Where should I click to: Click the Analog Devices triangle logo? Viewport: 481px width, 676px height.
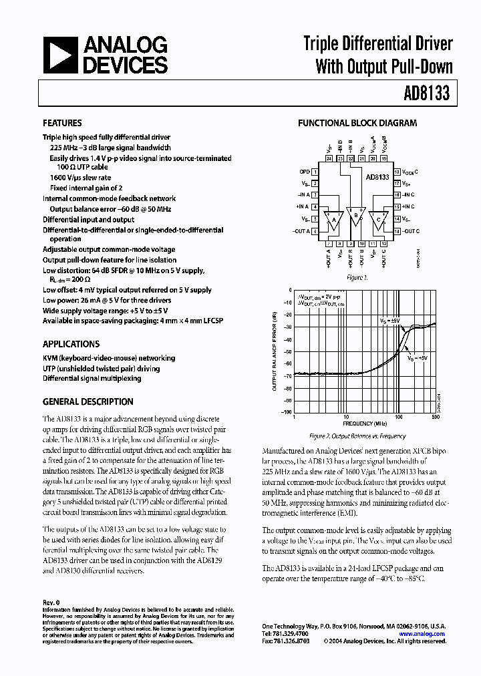point(62,55)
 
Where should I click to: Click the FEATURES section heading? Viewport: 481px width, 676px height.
point(62,124)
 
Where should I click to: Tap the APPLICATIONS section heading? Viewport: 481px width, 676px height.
point(71,344)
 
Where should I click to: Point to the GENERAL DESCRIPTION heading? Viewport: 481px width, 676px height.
point(88,402)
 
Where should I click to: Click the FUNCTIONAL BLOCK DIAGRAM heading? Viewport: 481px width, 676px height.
point(357,124)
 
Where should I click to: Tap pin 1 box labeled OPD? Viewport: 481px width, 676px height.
point(315,172)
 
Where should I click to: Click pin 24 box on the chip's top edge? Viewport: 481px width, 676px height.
point(329,159)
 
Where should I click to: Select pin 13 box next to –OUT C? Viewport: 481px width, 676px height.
point(397,231)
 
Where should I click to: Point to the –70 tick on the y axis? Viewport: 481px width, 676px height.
point(288,375)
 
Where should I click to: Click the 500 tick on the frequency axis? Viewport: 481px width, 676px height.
point(436,417)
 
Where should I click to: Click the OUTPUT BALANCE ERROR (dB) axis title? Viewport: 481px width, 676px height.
point(274,351)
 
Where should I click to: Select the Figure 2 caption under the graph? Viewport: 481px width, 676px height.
point(357,436)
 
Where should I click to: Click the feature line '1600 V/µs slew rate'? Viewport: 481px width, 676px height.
point(81,178)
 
